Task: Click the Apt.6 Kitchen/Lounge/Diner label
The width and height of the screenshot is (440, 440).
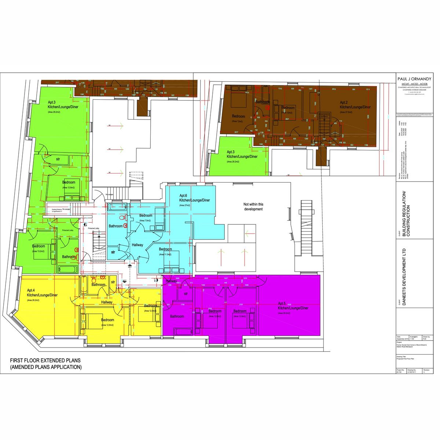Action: [x=194, y=198]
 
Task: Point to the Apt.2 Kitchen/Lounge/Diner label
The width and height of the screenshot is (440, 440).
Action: [x=355, y=105]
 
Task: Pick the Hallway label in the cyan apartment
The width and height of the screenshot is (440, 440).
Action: [x=137, y=245]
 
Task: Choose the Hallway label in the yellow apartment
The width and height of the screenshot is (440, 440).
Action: [x=107, y=302]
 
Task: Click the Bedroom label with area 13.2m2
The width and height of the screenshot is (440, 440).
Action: [x=38, y=246]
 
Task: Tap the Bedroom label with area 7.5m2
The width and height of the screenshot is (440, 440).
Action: [x=146, y=216]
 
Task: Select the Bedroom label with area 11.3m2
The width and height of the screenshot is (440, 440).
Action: [x=165, y=249]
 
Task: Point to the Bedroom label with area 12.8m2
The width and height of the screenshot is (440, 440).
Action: [x=107, y=320]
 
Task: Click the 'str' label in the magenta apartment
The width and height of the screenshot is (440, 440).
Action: [x=186, y=294]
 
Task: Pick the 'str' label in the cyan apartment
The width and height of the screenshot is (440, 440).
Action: [x=113, y=252]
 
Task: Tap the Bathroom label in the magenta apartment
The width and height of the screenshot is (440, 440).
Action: [x=176, y=316]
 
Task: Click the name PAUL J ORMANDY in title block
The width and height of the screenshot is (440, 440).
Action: [x=414, y=79]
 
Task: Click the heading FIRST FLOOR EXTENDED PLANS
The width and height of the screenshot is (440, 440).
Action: [x=45, y=360]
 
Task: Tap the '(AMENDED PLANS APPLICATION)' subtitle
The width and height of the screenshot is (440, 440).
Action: [x=46, y=367]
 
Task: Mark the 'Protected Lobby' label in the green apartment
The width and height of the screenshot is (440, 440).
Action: [x=68, y=230]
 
